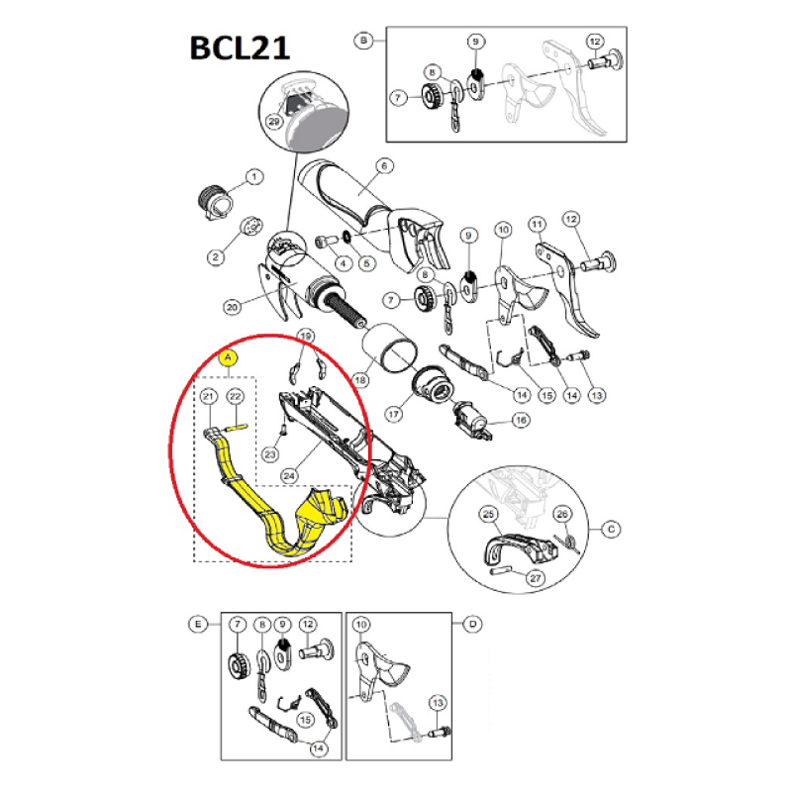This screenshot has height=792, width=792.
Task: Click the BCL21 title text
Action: tap(240, 48)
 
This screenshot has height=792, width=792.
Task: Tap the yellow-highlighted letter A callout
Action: tap(229, 357)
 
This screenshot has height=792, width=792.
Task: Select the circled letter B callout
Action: tap(363, 40)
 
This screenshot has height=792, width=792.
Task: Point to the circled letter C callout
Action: tap(611, 530)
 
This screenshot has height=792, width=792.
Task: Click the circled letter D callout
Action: tap(473, 624)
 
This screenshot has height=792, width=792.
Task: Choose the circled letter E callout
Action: tap(197, 624)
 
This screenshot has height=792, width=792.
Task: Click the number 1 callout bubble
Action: tap(254, 177)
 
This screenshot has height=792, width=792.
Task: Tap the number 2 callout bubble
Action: tap(216, 257)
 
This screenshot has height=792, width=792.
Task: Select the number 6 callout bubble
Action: tap(384, 165)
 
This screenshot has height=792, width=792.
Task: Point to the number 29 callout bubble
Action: tap(274, 121)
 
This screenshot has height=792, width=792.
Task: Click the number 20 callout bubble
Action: tap(232, 307)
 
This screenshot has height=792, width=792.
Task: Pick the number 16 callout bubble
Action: tap(521, 419)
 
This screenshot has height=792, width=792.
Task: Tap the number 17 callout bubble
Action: tap(393, 414)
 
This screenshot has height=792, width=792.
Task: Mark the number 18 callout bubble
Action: tap(360, 380)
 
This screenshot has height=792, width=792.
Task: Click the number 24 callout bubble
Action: tap(289, 476)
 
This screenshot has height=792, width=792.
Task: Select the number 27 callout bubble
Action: tap(536, 578)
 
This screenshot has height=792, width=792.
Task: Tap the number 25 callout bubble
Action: tap(488, 514)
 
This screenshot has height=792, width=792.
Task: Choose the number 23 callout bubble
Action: tap(270, 454)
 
